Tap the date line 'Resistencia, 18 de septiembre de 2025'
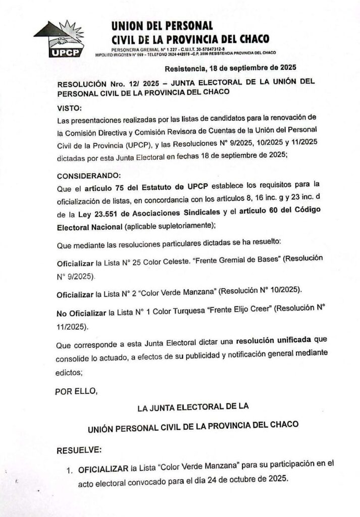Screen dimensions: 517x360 click(230, 68)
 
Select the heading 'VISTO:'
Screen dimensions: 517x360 click(69, 108)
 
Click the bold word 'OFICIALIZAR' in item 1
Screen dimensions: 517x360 click(103, 470)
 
